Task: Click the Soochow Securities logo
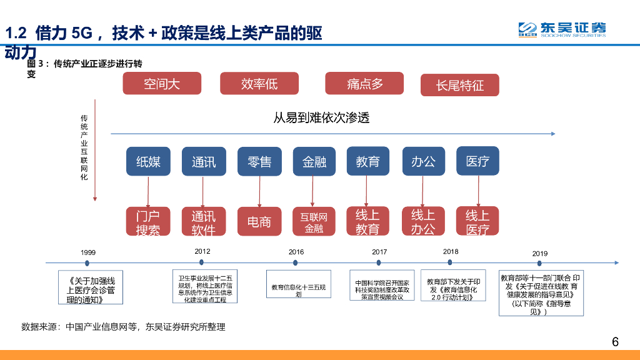pyautogui.click(x=561, y=29)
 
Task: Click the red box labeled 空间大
pyautogui.click(x=162, y=84)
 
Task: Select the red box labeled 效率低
pyautogui.click(x=259, y=84)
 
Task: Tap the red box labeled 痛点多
pyautogui.click(x=364, y=84)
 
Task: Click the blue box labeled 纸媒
pyautogui.click(x=148, y=162)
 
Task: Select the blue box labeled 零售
pyautogui.click(x=259, y=162)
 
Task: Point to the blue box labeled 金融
pyautogui.click(x=314, y=162)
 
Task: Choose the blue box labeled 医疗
pyautogui.click(x=477, y=161)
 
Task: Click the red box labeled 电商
pyautogui.click(x=259, y=222)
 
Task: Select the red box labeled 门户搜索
pyautogui.click(x=148, y=222)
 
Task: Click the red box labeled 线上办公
pyautogui.click(x=422, y=221)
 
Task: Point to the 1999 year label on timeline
pyautogui.click(x=88, y=252)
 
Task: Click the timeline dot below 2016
pyautogui.click(x=296, y=263)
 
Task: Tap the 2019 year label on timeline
pyautogui.click(x=540, y=253)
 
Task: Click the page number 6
pyautogui.click(x=615, y=342)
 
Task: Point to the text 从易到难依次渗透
pyautogui.click(x=321, y=117)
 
